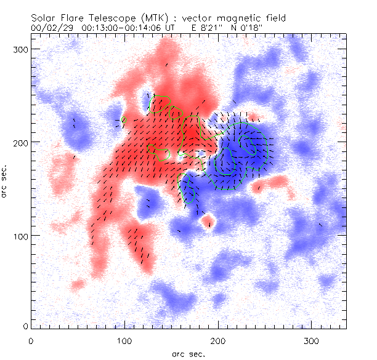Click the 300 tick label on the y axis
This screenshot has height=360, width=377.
click(x=20, y=49)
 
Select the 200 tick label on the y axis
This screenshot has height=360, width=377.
click(x=20, y=142)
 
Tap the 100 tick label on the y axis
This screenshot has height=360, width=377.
click(x=20, y=236)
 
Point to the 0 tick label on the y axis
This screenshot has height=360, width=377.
click(x=24, y=326)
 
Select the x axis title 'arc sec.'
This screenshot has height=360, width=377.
click(x=188, y=354)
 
